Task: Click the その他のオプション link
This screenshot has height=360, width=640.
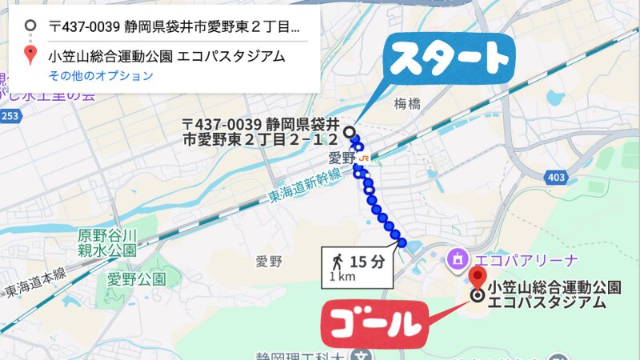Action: pyautogui.click(x=100, y=76)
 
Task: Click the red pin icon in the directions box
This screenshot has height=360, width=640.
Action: pyautogui.click(x=30, y=55)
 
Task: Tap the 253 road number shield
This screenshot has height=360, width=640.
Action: pyautogui.click(x=10, y=116)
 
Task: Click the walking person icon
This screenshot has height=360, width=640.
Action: pyautogui.click(x=337, y=261)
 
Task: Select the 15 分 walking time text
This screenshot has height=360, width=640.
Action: pyautogui.click(x=367, y=261)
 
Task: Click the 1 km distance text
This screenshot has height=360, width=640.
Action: pyautogui.click(x=342, y=277)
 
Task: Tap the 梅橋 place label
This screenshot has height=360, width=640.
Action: pyautogui.click(x=407, y=103)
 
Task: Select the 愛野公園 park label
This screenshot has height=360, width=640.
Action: pyautogui.click(x=137, y=279)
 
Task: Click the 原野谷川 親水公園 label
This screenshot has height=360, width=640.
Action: pyautogui.click(x=108, y=243)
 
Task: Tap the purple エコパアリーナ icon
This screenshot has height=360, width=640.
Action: pyautogui.click(x=458, y=259)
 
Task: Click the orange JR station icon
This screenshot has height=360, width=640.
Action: pyautogui.click(x=364, y=158)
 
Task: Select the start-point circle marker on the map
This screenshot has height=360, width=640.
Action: pyautogui.click(x=349, y=131)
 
